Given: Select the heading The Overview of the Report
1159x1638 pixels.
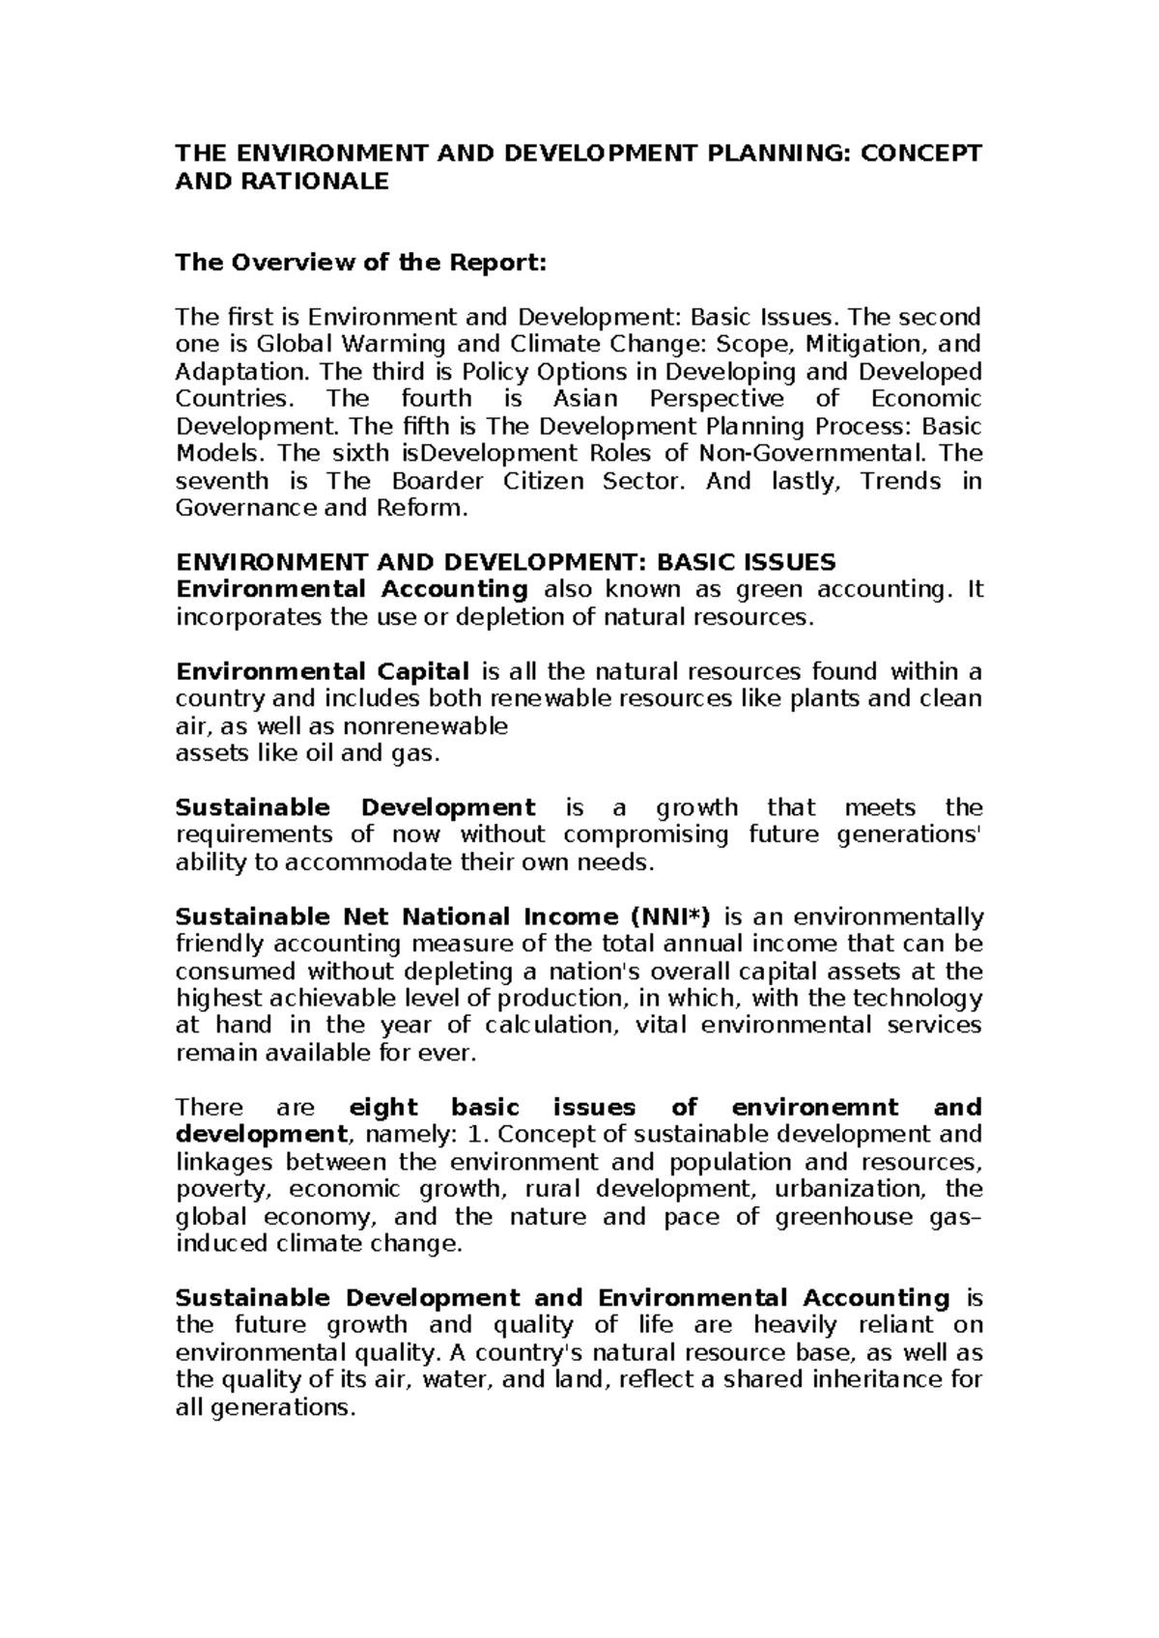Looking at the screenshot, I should tap(360, 263).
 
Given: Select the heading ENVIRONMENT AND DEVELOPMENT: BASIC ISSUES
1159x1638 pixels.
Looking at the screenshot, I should tap(505, 562).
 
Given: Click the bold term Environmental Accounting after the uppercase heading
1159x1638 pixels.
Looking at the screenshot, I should tap(352, 589).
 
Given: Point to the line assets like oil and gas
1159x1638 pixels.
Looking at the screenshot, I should tap(307, 753).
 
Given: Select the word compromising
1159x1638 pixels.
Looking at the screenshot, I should tap(646, 834).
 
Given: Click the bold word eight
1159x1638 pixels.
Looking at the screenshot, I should tap(382, 1107).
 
